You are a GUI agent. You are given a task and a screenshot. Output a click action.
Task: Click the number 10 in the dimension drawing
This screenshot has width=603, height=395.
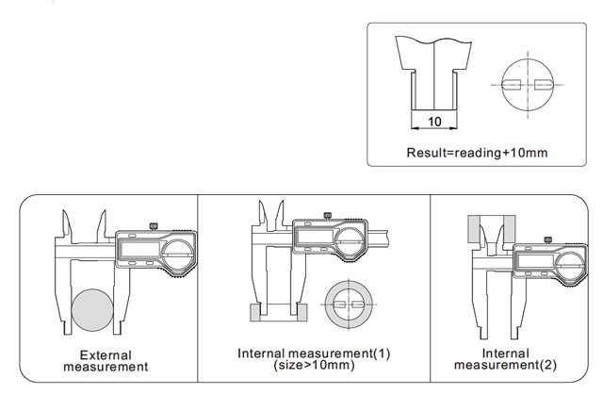pyautogui.click(x=434, y=122)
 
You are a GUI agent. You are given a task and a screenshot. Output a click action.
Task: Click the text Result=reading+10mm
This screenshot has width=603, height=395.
pyautogui.click(x=477, y=153)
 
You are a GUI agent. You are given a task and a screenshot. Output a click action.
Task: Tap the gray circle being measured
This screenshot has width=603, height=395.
pyautogui.click(x=94, y=313)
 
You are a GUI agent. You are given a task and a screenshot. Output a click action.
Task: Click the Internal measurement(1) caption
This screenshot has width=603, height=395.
pyautogui.click(x=313, y=354)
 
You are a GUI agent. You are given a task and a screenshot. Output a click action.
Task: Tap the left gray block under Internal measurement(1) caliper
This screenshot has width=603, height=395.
pyautogui.click(x=253, y=312)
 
